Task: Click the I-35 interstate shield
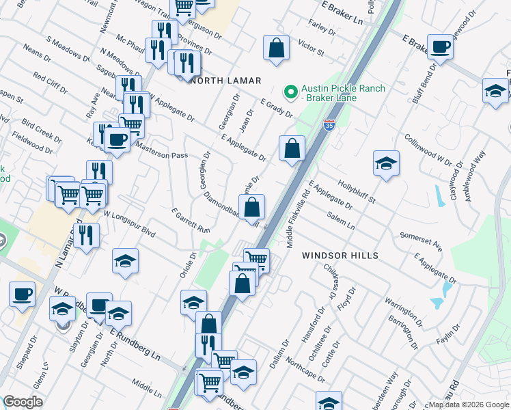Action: [x=329, y=125]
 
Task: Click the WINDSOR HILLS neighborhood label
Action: [x=340, y=255]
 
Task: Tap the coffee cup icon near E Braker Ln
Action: [x=440, y=47]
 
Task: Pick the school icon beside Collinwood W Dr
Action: [x=386, y=163]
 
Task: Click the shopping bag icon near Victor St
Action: [x=275, y=49]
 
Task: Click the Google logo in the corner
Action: [x=23, y=402]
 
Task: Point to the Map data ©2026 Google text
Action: [x=467, y=405]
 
